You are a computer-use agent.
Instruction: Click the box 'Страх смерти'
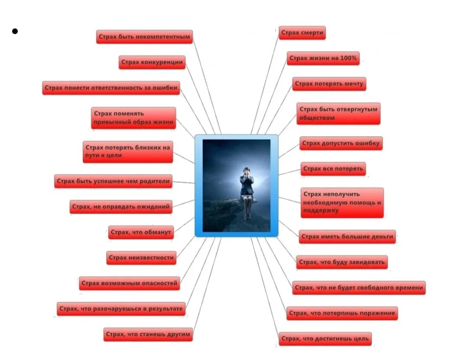click(x=301, y=33)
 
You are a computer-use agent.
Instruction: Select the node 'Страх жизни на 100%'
click(x=323, y=58)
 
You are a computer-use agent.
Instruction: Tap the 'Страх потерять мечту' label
click(x=329, y=84)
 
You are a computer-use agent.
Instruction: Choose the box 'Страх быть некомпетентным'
click(x=144, y=37)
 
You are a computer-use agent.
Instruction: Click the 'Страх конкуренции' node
click(x=152, y=62)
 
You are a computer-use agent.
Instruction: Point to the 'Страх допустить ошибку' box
click(x=341, y=143)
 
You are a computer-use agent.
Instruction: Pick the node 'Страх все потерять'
click(x=333, y=169)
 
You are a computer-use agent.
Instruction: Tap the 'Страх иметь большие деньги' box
click(x=347, y=237)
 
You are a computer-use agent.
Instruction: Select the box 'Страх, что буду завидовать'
click(x=342, y=262)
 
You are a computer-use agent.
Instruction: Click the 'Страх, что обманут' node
click(x=141, y=232)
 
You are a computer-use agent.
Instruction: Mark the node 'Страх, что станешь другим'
click(x=148, y=334)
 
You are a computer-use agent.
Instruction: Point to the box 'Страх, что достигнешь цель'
click(x=325, y=338)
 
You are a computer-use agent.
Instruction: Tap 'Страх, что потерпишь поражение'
click(x=341, y=313)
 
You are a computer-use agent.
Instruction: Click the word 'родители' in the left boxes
click(x=154, y=181)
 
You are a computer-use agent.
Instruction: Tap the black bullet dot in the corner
click(x=15, y=31)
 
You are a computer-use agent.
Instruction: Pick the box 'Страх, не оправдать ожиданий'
click(x=121, y=207)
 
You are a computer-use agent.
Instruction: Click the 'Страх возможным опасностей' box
click(x=129, y=283)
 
